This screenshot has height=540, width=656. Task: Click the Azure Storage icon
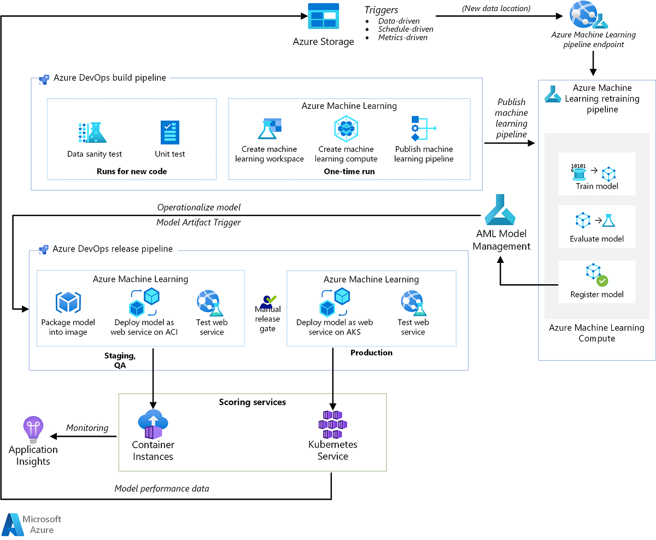(323, 16)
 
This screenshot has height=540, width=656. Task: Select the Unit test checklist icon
(170, 132)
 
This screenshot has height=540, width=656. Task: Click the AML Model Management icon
(501, 210)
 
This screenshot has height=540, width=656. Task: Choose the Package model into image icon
(68, 303)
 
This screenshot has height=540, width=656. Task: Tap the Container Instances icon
(153, 424)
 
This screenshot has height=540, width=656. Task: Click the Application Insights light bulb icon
(33, 430)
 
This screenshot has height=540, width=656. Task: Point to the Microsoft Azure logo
(32, 524)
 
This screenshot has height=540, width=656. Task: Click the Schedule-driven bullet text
(406, 29)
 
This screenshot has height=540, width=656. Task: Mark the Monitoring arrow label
(87, 428)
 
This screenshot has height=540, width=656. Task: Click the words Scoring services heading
(252, 402)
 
